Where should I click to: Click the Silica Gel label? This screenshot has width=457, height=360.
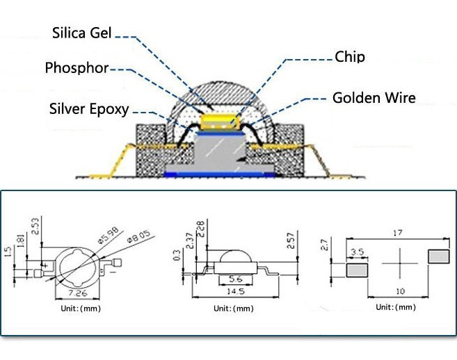pyautogui.click(x=82, y=33)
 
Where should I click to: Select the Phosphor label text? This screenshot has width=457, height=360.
pyautogui.click(x=77, y=68)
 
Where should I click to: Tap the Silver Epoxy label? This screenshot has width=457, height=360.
pyautogui.click(x=89, y=109)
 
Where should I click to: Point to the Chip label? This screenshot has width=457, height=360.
pyautogui.click(x=350, y=56)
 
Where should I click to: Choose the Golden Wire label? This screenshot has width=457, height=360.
pyautogui.click(x=374, y=97)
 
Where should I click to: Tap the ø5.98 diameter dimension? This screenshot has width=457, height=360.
pyautogui.click(x=108, y=235)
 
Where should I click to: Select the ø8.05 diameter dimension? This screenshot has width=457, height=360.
pyautogui.click(x=138, y=236)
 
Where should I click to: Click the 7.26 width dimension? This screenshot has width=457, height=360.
pyautogui.click(x=77, y=293)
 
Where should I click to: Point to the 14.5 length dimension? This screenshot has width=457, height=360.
pyautogui.click(x=236, y=291)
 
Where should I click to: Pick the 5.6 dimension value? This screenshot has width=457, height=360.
pyautogui.click(x=236, y=279)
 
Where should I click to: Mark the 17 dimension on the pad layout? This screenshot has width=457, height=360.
pyautogui.click(x=398, y=233)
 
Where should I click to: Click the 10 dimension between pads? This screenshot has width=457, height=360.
pyautogui.click(x=401, y=291)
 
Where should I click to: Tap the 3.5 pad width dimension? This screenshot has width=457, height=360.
pyautogui.click(x=358, y=252)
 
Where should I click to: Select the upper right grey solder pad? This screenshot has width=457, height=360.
pyautogui.click(x=439, y=256)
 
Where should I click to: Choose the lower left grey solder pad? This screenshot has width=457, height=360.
pyautogui.click(x=358, y=270)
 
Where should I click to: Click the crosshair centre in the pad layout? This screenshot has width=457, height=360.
pyautogui.click(x=400, y=263)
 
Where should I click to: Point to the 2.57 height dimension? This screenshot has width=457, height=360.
pyautogui.click(x=291, y=240)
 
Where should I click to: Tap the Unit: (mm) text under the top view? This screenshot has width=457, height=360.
pyautogui.click(x=81, y=309)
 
